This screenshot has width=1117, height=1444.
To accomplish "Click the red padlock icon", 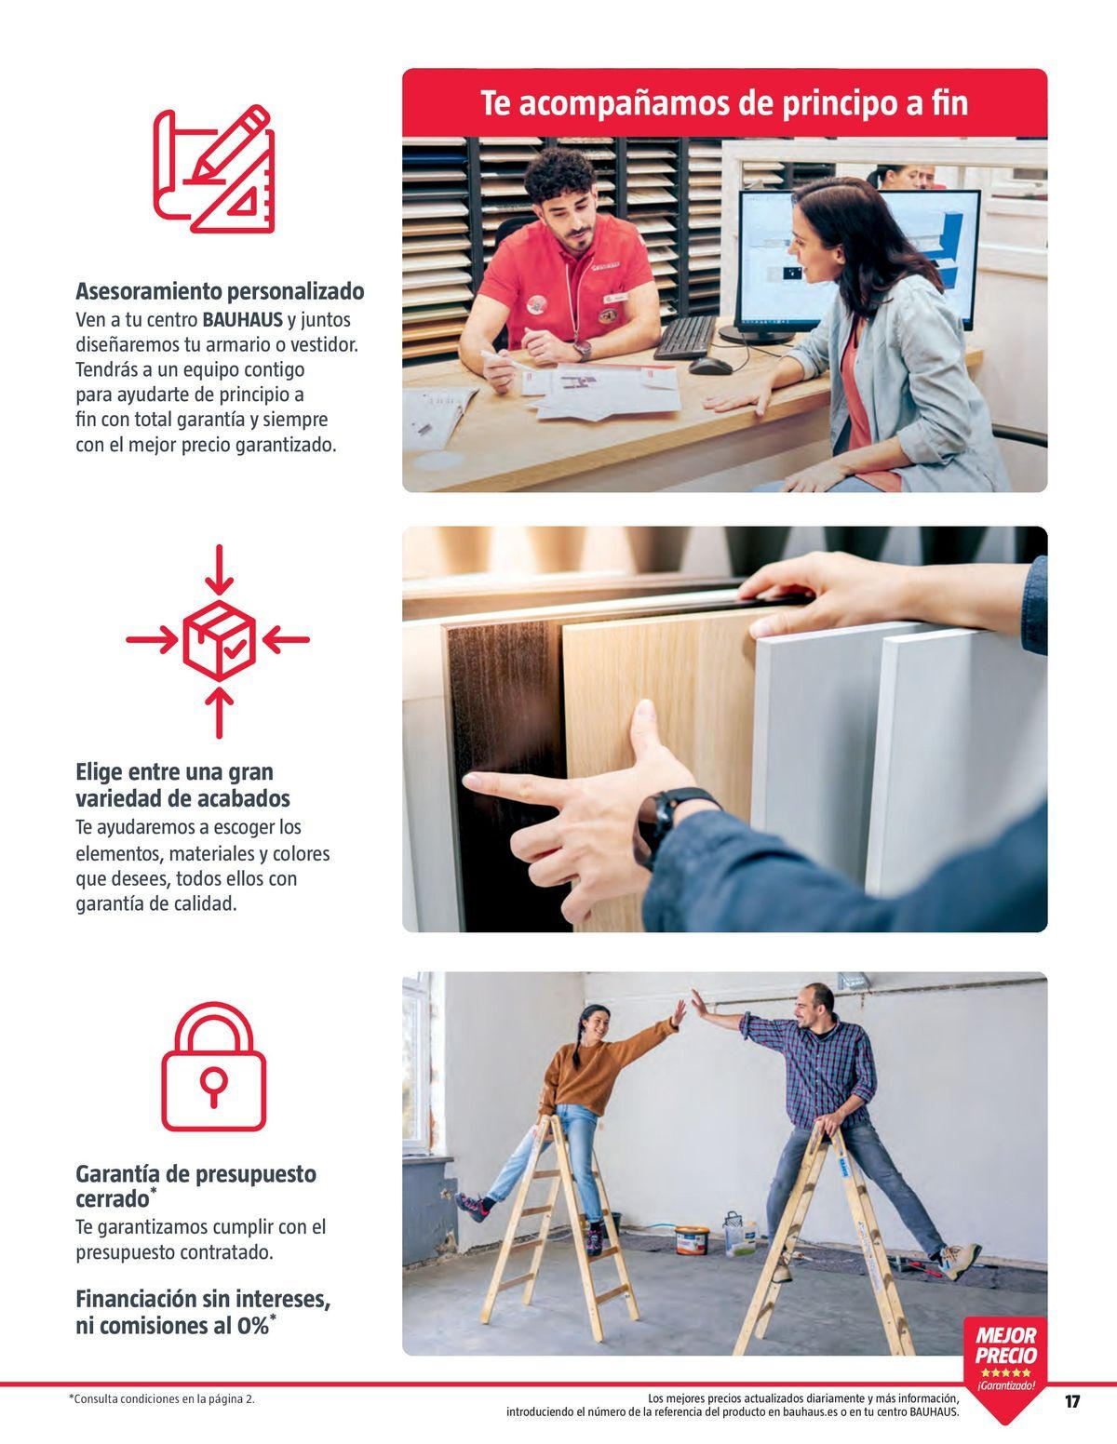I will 214,1067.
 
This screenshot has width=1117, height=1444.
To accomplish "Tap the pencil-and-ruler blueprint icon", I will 215,168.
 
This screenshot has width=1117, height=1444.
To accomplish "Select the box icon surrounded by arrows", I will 218,639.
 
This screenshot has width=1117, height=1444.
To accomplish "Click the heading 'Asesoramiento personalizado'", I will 220,291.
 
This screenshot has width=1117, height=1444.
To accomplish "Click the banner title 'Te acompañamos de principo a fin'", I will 724,102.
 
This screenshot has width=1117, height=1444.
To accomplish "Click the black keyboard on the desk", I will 684,337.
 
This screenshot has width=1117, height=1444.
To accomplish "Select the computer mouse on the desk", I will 709,365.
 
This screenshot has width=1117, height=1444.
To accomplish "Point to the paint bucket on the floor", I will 692,1239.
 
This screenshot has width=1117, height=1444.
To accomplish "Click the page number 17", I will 1072,1401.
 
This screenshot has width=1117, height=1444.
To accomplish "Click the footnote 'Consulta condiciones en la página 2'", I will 162,1398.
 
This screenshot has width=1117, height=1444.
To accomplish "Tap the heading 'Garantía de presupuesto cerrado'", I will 195,1185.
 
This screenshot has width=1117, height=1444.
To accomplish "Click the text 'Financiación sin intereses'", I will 203,1298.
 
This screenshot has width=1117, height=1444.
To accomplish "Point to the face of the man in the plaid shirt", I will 817,1004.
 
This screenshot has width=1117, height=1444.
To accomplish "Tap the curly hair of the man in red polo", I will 560,172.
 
